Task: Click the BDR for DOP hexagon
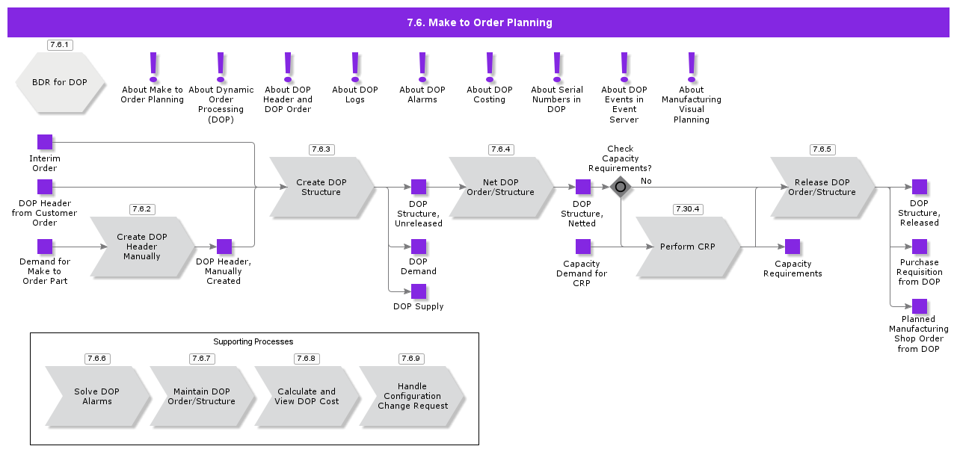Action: coord(59,82)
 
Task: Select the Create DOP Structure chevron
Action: coord(321,187)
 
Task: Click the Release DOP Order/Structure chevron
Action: coord(822,187)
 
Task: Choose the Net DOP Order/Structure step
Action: coord(500,187)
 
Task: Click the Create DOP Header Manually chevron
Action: coord(141,247)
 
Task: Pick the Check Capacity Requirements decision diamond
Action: coord(621,187)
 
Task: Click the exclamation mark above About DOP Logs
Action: coord(355,66)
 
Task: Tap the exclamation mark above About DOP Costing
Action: coord(490,66)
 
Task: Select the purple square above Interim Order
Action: coord(45,142)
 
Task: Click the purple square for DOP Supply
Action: coord(419,291)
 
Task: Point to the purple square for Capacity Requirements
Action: coord(793,247)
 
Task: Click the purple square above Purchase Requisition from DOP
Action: coord(920,247)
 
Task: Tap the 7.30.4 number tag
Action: coord(688,209)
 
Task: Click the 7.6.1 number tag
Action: coord(60,45)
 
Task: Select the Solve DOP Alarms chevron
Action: coord(96,396)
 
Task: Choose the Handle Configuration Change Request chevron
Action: coord(412,396)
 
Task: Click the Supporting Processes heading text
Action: coord(253,341)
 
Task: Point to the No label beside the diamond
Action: coord(646,181)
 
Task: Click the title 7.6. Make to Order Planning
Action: coord(479,22)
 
